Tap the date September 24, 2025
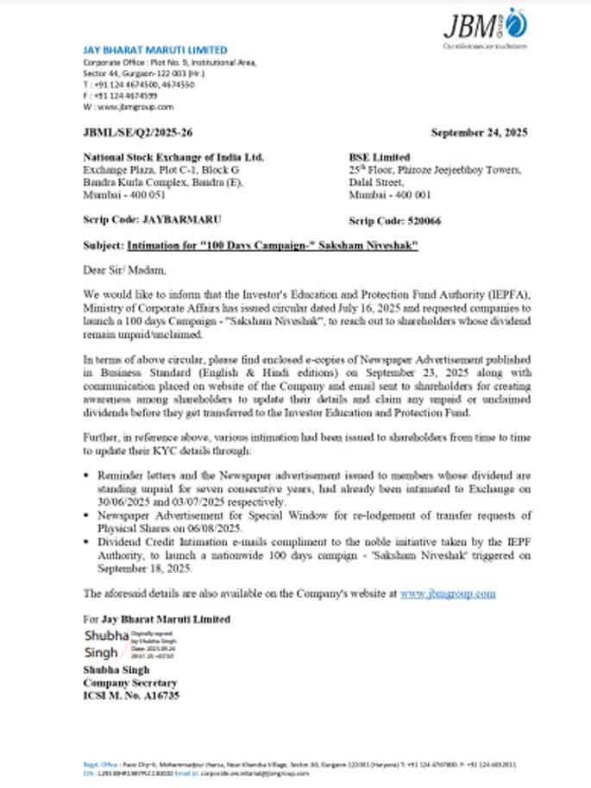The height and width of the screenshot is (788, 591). pos(479,133)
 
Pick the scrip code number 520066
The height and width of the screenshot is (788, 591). pos(423,221)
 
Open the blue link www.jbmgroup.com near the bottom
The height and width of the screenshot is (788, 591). pos(448,594)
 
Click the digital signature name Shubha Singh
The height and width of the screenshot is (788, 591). pos(101,643)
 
